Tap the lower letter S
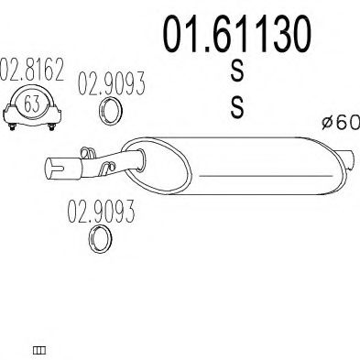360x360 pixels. [x=237, y=108]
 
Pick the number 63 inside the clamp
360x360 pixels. [x=32, y=104]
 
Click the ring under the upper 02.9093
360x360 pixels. [x=110, y=113]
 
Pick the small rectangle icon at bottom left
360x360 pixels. [x=39, y=350]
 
